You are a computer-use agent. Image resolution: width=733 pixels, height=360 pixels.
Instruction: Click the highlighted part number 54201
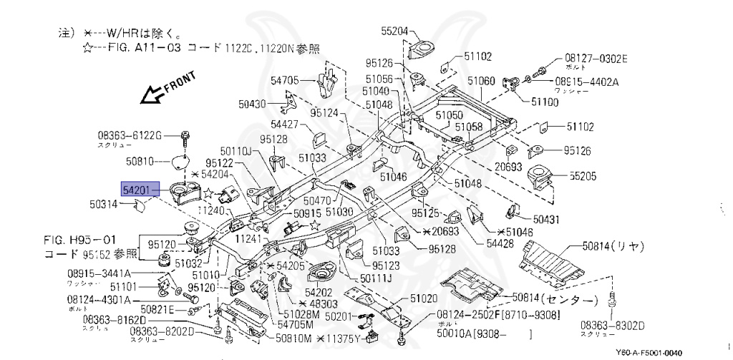[137, 190]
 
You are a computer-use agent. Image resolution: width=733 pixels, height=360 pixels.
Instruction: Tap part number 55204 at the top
[394, 31]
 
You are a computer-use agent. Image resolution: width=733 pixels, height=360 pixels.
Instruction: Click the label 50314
[105, 205]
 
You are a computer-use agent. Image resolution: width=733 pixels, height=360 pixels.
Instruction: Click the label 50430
[253, 104]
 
